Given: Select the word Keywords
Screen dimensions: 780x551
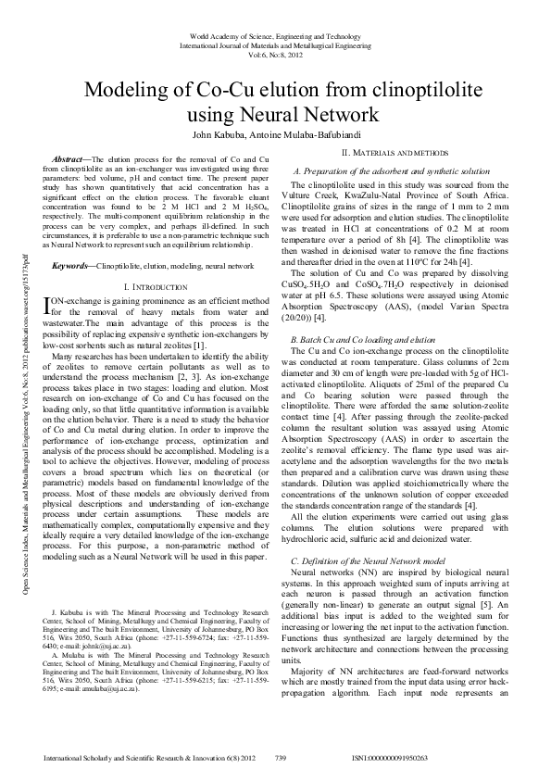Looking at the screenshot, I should [x=70, y=266].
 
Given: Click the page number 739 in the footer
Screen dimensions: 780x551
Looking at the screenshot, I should [x=282, y=759].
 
